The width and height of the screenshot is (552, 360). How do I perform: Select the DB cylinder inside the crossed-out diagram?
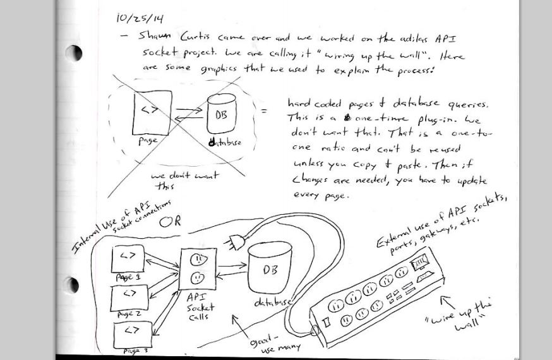(220, 114)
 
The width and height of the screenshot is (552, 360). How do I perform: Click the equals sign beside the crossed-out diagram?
(263, 112)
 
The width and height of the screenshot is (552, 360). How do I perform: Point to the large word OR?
(169, 222)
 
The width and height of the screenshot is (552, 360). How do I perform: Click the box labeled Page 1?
(128, 259)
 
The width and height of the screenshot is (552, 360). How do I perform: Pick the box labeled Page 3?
(132, 332)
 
